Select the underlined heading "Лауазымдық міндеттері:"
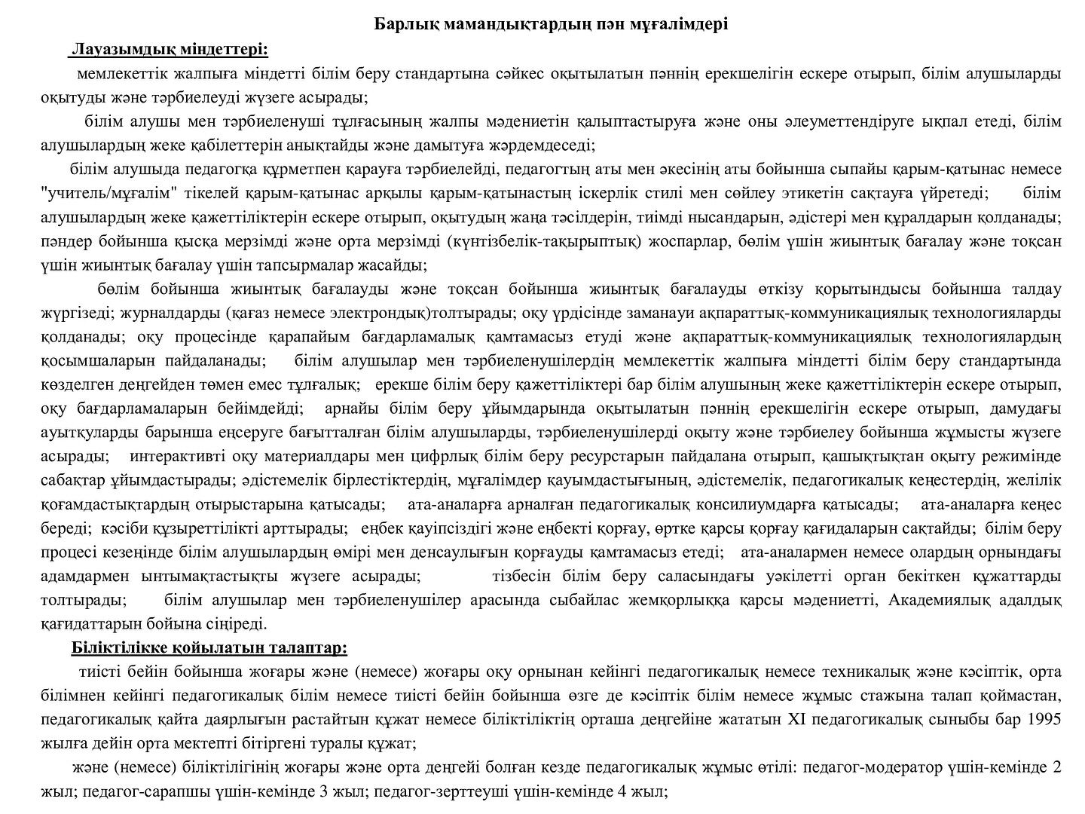169,50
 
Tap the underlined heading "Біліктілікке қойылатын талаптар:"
209,648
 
